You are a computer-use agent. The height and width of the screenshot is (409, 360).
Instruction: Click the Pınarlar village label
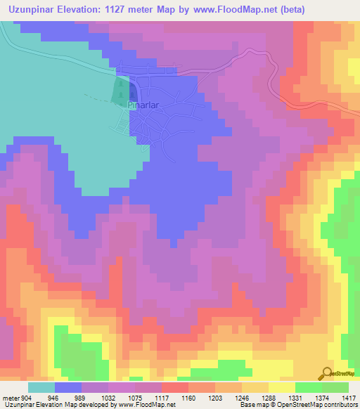point(144,105)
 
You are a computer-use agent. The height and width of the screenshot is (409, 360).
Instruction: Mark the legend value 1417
point(347,396)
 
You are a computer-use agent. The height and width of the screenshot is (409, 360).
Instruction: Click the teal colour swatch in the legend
point(41,387)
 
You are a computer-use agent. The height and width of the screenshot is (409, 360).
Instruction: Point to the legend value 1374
point(322,396)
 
